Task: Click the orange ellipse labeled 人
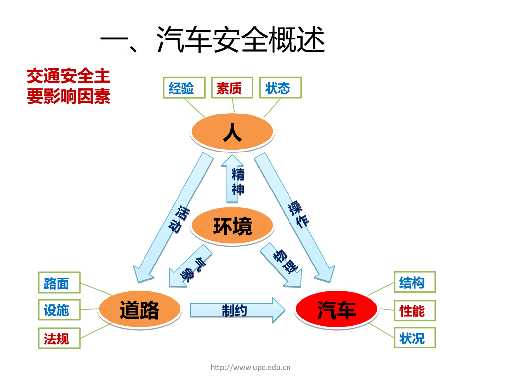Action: coord(232,132)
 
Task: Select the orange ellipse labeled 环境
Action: coord(232,227)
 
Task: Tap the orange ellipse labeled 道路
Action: coord(140,310)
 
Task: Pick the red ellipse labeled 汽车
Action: coord(336,310)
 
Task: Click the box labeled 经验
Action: coord(181,88)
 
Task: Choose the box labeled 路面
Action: coord(57,283)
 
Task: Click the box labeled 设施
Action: coord(57,310)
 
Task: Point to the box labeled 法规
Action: coord(57,338)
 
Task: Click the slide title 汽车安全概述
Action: coord(212,39)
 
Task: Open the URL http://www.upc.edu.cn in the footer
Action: coord(250,367)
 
